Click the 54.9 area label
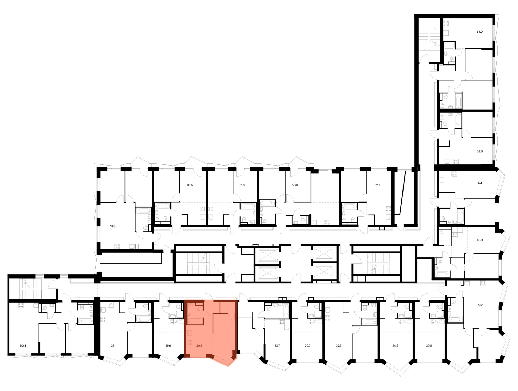[x=479, y=32]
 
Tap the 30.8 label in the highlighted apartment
[x=199, y=345]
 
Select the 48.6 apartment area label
[x=112, y=226]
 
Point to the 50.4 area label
[x=23, y=345]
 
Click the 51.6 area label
[x=480, y=305]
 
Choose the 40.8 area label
[x=480, y=240]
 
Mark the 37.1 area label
[x=480, y=183]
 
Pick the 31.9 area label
[x=242, y=185]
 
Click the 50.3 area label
[x=295, y=185]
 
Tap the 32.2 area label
[x=377, y=185]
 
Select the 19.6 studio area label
[x=168, y=345]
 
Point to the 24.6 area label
[x=395, y=345]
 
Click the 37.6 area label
[x=339, y=345]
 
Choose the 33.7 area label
[x=277, y=345]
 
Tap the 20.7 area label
[x=307, y=345]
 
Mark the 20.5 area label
[x=429, y=345]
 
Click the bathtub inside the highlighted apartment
[x=195, y=321]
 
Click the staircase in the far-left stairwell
[x=31, y=289]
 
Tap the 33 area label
[x=113, y=345]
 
